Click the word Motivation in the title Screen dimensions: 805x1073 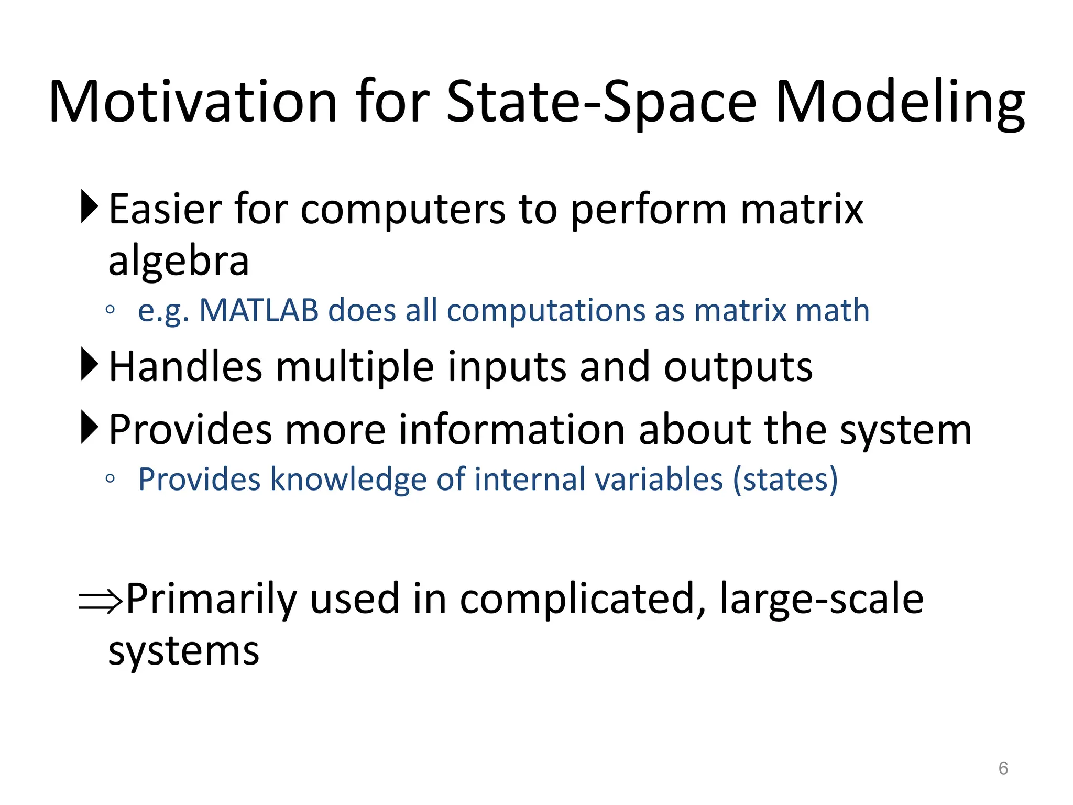coord(193,102)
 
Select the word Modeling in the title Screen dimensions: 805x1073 coord(899,102)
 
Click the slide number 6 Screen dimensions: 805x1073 coord(1003,768)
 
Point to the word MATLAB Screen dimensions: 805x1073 coord(259,310)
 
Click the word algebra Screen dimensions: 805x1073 coord(178,261)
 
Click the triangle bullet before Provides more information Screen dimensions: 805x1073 coord(90,428)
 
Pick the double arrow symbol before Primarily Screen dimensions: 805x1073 coord(101,601)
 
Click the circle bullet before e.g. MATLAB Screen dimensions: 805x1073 coord(110,310)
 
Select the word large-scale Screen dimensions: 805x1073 coord(821,599)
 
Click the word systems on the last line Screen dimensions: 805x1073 coord(183,652)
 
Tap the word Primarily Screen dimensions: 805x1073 coord(211,599)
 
